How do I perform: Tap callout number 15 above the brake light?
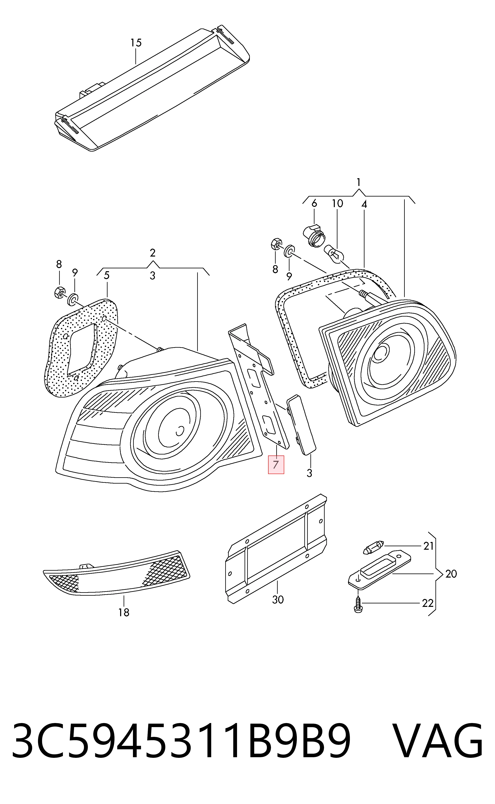(x=136, y=43)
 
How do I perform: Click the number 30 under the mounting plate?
(x=278, y=600)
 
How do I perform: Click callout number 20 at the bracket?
(x=451, y=574)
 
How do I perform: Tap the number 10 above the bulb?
(x=337, y=203)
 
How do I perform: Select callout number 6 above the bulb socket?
(x=314, y=203)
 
